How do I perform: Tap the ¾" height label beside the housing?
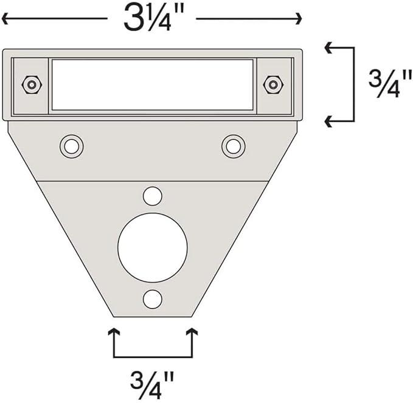click(x=390, y=83)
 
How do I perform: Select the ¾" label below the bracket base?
click(x=152, y=385)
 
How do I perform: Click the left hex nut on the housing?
click(x=32, y=84)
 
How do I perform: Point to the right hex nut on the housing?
click(x=273, y=84)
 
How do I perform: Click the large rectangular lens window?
click(x=153, y=84)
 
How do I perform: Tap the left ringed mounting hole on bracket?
click(x=71, y=146)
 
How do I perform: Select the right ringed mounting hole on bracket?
click(x=234, y=146)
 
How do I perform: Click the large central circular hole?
click(x=153, y=248)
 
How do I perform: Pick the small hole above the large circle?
click(x=153, y=196)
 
